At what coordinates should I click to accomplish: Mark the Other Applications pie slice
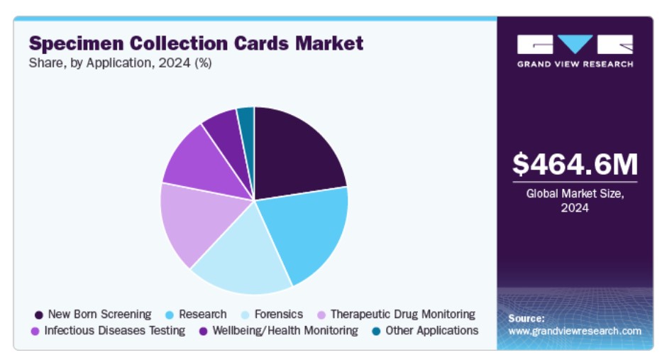[x=246, y=119]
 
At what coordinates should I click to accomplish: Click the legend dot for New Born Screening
[x=38, y=315]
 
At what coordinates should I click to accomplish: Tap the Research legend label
[x=203, y=314]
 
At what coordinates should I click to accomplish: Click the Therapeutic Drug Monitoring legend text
[x=402, y=314]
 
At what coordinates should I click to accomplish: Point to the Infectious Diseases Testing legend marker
[x=35, y=331]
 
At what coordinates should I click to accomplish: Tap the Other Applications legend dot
[x=376, y=331]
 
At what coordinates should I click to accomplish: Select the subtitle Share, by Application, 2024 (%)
[x=120, y=63]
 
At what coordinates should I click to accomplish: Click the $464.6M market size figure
[x=575, y=164]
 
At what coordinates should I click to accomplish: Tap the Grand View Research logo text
[x=575, y=64]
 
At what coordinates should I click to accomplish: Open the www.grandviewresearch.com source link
[x=575, y=331]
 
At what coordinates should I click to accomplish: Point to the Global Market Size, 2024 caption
[x=575, y=200]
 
